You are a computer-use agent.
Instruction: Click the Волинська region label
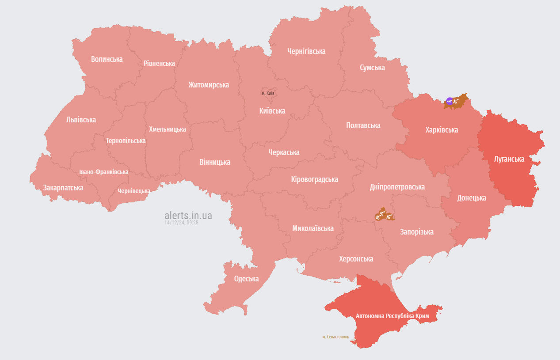click(107, 59)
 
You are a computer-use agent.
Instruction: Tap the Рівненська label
click(159, 63)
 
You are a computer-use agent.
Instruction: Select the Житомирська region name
click(209, 85)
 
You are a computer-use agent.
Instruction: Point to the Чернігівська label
click(306, 51)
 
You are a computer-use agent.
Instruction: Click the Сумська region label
click(372, 68)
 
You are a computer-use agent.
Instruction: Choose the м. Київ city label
click(268, 94)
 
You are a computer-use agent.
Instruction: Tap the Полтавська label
click(363, 125)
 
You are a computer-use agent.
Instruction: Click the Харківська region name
click(442, 130)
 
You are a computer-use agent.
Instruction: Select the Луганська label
click(509, 159)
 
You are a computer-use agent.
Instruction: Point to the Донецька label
click(472, 198)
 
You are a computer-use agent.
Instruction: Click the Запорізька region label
click(417, 232)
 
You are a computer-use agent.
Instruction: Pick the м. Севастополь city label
click(335, 337)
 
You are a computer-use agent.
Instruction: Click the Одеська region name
click(246, 279)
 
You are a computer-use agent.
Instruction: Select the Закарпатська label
click(63, 188)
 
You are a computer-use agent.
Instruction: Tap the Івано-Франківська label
click(104, 172)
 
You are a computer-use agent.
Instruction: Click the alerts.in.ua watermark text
click(188, 216)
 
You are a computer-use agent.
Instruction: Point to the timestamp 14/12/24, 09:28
click(181, 223)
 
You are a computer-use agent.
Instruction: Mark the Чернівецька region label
click(133, 191)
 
